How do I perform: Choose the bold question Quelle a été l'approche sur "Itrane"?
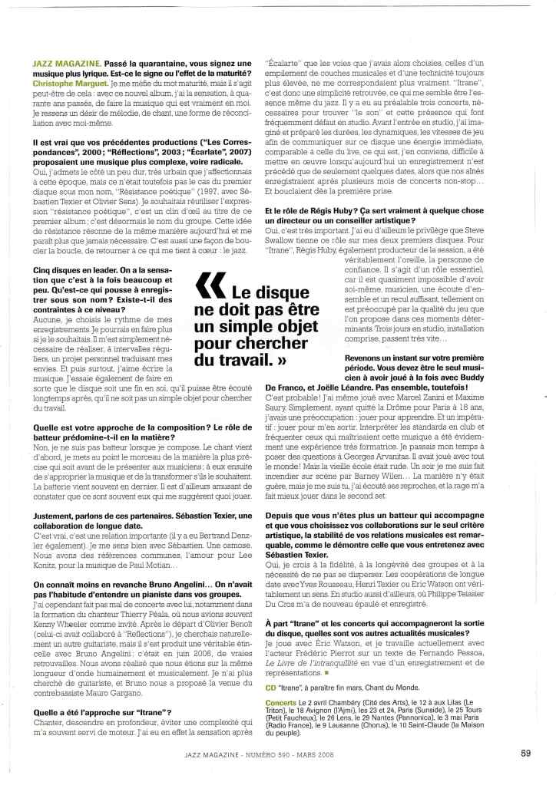pyautogui.click(x=102, y=712)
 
